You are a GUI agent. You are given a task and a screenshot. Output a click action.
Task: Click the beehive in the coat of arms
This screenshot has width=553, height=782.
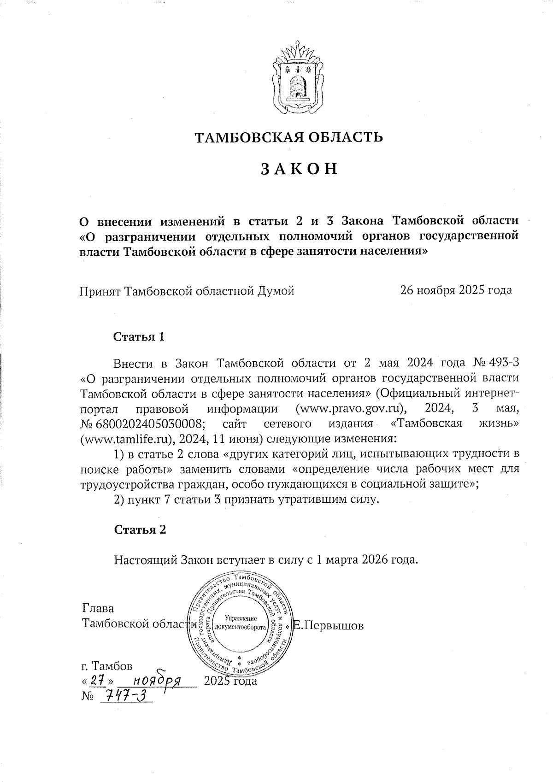299,86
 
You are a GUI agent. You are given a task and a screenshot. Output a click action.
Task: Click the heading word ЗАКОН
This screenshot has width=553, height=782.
300,169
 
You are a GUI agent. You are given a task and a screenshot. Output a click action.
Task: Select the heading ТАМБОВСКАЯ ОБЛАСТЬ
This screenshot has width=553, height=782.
288,137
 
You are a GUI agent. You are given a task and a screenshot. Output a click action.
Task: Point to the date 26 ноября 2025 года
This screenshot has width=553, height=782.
456,290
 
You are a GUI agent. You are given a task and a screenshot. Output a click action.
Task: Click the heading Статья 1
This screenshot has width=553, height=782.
139,336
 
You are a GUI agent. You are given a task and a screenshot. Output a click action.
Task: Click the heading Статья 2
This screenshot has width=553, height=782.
140,529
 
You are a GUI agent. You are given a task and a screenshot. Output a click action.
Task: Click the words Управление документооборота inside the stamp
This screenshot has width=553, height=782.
243,623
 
